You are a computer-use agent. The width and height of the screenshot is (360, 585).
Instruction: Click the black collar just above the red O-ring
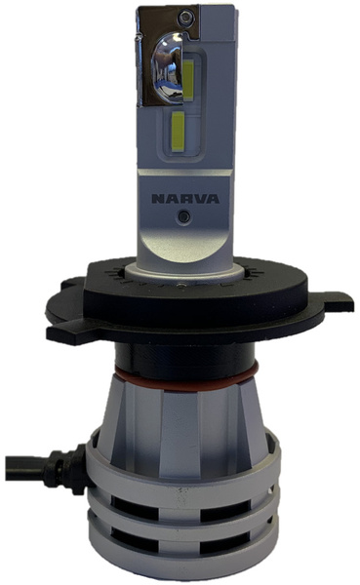pyautogui.click(x=183, y=355)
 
